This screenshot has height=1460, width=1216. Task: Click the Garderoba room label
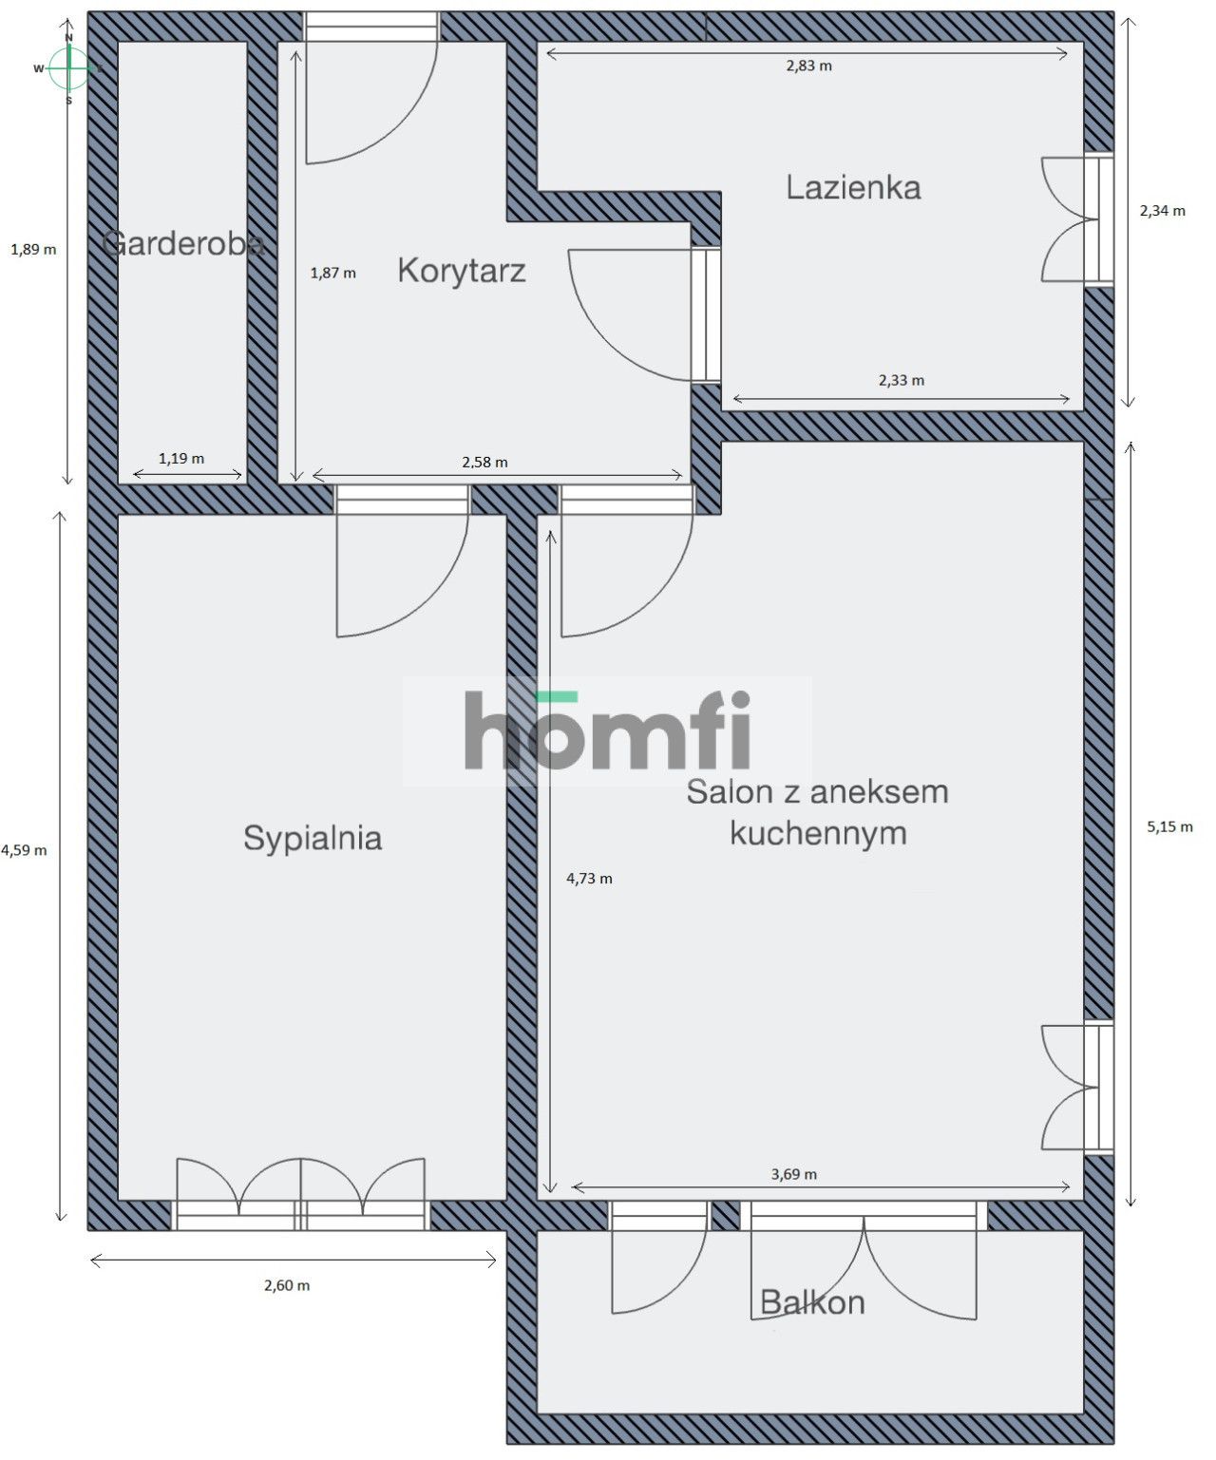[x=182, y=243]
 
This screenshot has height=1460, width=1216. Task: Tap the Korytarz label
[x=462, y=272]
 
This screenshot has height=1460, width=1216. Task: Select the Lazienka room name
[x=853, y=187]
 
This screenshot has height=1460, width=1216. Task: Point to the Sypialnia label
[x=313, y=839]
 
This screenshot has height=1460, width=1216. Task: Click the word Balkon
[x=812, y=1302]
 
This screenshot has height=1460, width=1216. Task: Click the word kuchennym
[x=818, y=833]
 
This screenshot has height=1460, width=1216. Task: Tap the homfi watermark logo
[x=607, y=730]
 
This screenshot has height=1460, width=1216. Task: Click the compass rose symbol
[x=68, y=68]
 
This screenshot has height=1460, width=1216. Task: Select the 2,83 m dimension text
[x=809, y=66]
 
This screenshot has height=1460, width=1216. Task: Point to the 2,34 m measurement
[x=1162, y=211]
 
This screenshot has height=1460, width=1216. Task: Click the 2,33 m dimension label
[x=902, y=380]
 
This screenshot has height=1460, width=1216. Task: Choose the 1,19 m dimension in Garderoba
[x=181, y=459]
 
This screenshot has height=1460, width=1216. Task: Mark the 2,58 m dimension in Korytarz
[x=484, y=463]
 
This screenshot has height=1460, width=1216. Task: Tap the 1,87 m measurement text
[x=332, y=274]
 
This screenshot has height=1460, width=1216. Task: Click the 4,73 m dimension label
[x=589, y=879]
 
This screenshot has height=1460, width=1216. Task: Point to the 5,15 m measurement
[x=1169, y=827]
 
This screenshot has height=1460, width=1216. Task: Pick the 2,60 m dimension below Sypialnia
[x=287, y=1286]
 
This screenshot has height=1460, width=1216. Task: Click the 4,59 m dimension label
[x=24, y=851]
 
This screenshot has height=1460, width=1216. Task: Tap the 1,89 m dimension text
[x=33, y=250]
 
